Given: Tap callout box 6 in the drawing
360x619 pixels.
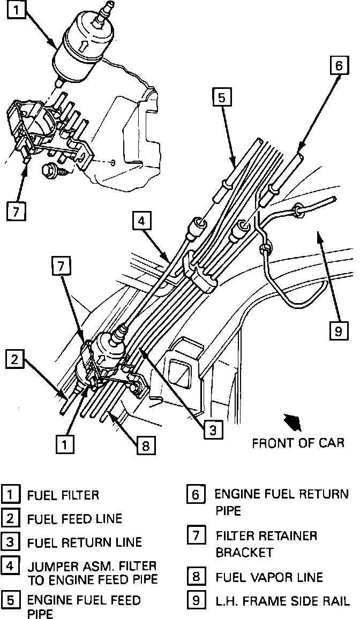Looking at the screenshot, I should click(337, 66).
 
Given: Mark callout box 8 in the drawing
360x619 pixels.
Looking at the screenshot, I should click(144, 445).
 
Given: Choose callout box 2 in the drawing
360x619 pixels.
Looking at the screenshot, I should click(15, 360).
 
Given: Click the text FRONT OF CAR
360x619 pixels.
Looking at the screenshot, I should click(298, 443).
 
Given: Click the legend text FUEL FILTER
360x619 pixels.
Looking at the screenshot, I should click(63, 495).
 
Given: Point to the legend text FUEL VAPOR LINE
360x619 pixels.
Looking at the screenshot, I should click(269, 577).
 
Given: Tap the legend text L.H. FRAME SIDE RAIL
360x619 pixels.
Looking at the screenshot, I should click(282, 601).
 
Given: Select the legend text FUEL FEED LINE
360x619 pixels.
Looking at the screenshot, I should click(74, 518).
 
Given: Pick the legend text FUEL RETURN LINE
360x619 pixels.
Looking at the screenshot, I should click(84, 542).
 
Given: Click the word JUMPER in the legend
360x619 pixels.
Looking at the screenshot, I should click(50, 566).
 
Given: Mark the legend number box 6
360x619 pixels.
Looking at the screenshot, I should click(196, 495).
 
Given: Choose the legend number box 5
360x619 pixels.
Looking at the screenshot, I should click(10, 600).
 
